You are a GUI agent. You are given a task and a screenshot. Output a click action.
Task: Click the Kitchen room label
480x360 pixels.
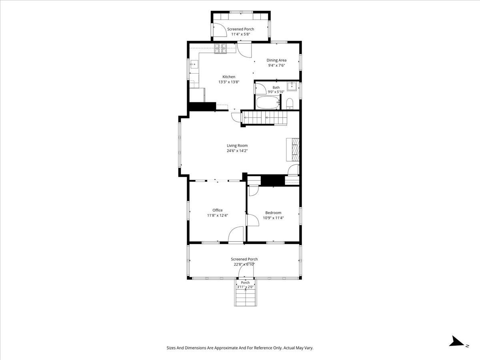click(x=229, y=77)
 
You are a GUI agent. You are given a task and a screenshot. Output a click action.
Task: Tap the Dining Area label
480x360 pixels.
click(x=276, y=60)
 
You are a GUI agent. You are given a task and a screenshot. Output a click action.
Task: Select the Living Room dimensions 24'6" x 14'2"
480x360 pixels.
click(x=237, y=151)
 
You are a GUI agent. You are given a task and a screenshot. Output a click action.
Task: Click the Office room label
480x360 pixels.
click(x=218, y=210)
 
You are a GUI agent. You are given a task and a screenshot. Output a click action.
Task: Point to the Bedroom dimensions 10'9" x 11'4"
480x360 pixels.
click(x=273, y=218)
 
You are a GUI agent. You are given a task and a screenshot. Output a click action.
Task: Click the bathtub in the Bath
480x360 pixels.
click(x=268, y=102)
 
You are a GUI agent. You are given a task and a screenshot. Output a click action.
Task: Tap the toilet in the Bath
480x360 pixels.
click(x=290, y=104)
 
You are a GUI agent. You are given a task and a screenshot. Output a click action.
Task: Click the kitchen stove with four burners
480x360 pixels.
click(x=220, y=49)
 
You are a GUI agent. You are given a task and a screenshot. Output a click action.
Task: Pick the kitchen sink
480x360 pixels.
click(x=41, y=64)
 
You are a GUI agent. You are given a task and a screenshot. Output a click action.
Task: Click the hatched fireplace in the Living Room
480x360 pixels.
click(x=293, y=150)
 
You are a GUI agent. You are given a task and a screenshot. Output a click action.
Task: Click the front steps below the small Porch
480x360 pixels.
click(x=246, y=298)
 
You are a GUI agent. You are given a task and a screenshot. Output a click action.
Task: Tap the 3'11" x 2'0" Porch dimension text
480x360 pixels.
click(x=245, y=287)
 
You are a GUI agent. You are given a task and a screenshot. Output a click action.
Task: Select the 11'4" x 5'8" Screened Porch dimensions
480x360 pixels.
click(x=240, y=34)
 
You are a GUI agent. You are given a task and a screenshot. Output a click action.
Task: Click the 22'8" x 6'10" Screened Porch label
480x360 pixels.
click(x=244, y=264)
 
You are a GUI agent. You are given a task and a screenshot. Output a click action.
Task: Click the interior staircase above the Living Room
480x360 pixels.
click(x=264, y=118)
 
